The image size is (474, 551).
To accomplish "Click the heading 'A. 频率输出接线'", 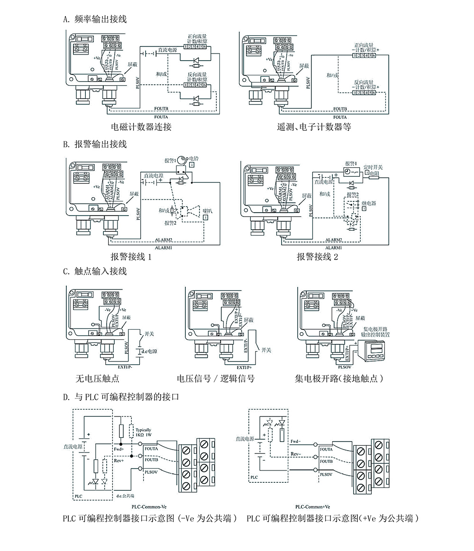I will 95,19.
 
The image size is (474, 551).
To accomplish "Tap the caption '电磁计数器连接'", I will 141,127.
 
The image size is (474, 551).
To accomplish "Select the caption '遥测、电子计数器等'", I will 314,127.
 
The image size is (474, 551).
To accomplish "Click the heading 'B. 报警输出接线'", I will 95,144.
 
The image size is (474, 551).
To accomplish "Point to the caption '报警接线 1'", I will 131,257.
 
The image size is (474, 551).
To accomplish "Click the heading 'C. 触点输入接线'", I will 95,271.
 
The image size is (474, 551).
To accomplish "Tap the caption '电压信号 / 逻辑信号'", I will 216,379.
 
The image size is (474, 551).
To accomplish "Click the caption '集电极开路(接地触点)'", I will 338,379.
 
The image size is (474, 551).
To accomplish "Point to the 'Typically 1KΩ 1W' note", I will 144,433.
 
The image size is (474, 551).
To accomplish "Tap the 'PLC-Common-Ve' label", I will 151,506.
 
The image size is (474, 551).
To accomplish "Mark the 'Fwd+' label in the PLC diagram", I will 118,449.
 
